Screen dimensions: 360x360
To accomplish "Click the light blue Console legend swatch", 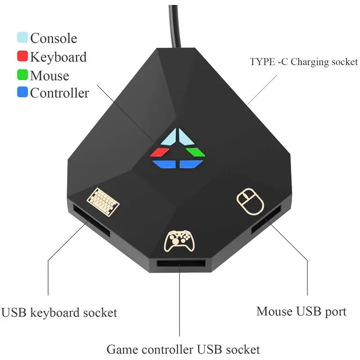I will [x=22, y=37].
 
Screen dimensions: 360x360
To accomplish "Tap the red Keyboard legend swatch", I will [x=22, y=57].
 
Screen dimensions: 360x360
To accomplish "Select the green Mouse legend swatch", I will [x=22, y=75].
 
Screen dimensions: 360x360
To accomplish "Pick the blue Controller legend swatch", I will [x=22, y=93].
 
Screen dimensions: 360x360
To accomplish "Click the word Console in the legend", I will [x=54, y=38].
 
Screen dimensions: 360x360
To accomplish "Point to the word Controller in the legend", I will [x=59, y=93].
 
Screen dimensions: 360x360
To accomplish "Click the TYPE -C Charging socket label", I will [x=304, y=62].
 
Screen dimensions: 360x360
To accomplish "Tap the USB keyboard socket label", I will [x=59, y=312].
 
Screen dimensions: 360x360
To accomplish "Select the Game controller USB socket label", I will [x=183, y=349].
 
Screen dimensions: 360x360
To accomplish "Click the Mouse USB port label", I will [x=301, y=311].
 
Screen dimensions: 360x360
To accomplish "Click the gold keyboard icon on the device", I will [x=103, y=200].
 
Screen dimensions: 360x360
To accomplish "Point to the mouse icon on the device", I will [x=250, y=201].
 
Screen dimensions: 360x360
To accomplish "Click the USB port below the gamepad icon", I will [x=181, y=265].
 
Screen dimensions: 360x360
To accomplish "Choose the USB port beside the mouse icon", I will [x=266, y=220].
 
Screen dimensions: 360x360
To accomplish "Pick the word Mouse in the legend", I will [x=49, y=75].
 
